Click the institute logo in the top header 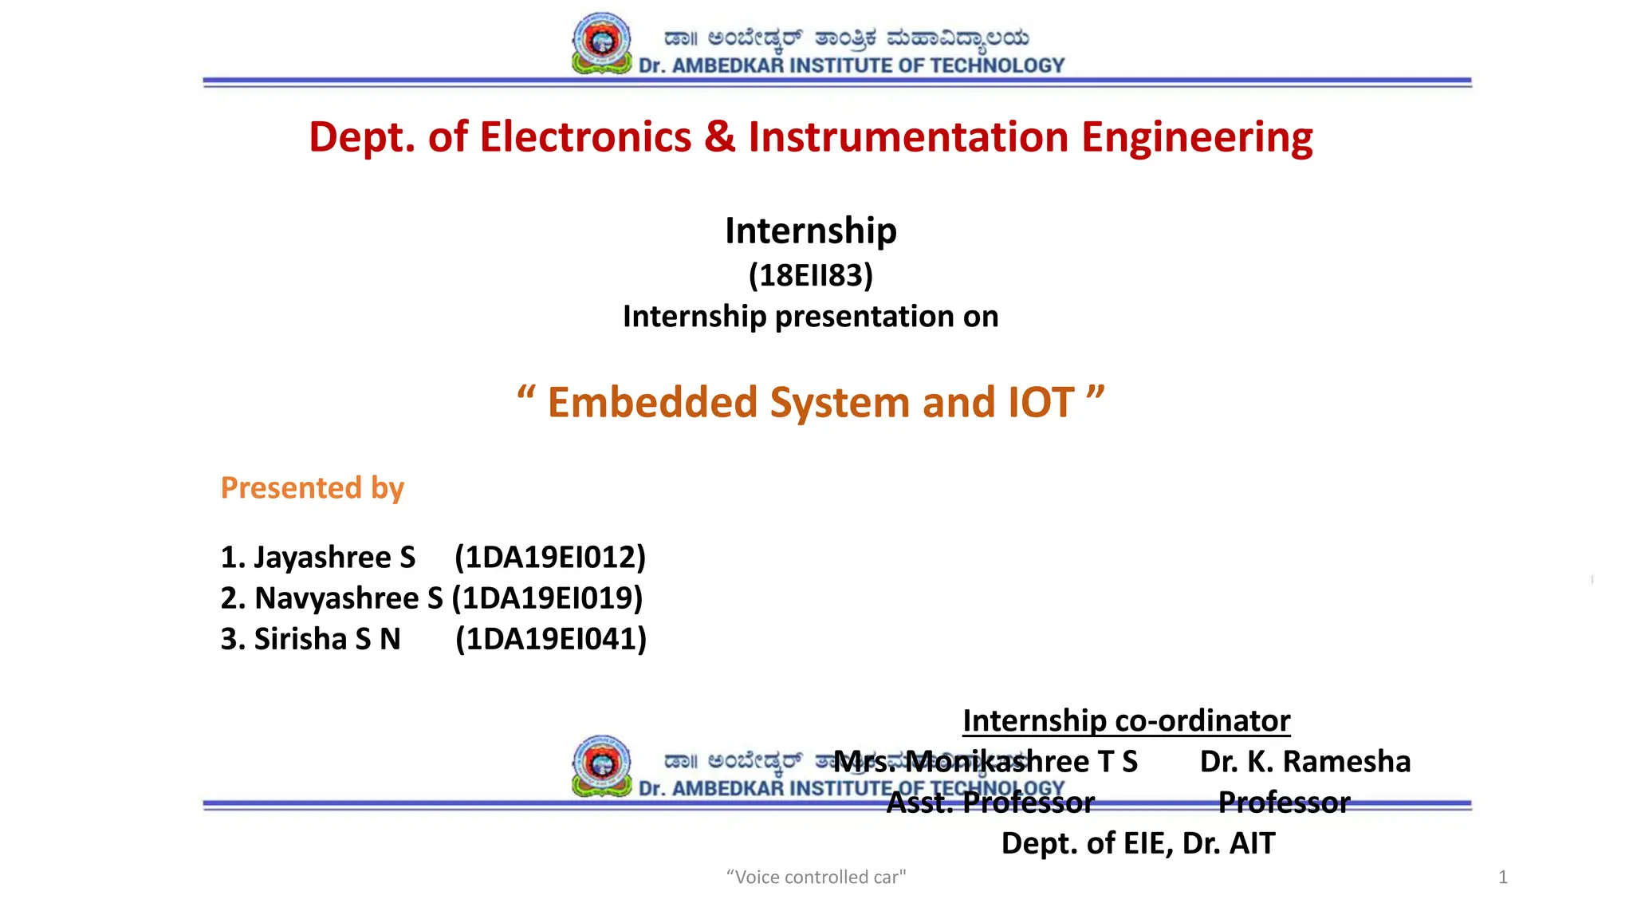coord(602,44)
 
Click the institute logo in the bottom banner coord(602,767)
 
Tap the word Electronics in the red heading coord(585,137)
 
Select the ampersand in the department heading coord(719,137)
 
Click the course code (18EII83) coord(811,275)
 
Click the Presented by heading coord(313,487)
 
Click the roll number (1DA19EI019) coord(547,598)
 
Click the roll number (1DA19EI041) coord(551,639)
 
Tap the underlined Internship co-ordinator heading coord(1126,720)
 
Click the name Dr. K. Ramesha coord(1304,762)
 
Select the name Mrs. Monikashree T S coord(986,762)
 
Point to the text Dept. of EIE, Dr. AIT coord(1138,843)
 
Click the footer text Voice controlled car coord(816,878)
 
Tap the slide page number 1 coord(1502,878)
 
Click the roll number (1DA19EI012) coord(550,557)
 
